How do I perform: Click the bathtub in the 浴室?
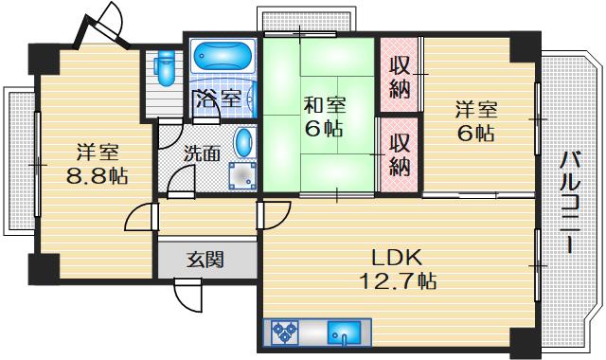(222, 57)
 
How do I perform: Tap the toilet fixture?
(167, 67)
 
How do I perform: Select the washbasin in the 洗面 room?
(243, 142)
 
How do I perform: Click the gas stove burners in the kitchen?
(285, 332)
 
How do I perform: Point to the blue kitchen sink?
(344, 333)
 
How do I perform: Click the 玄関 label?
(205, 260)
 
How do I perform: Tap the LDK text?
(397, 258)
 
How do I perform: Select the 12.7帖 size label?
(398, 281)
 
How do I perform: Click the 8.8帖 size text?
(97, 177)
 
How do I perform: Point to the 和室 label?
(325, 105)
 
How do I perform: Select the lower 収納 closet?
(400, 154)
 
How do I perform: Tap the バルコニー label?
(571, 202)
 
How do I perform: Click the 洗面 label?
(202, 153)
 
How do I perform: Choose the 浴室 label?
(219, 99)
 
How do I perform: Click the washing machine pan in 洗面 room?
(242, 176)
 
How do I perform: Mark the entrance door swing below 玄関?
(187, 296)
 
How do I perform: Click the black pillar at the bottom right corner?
(525, 341)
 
